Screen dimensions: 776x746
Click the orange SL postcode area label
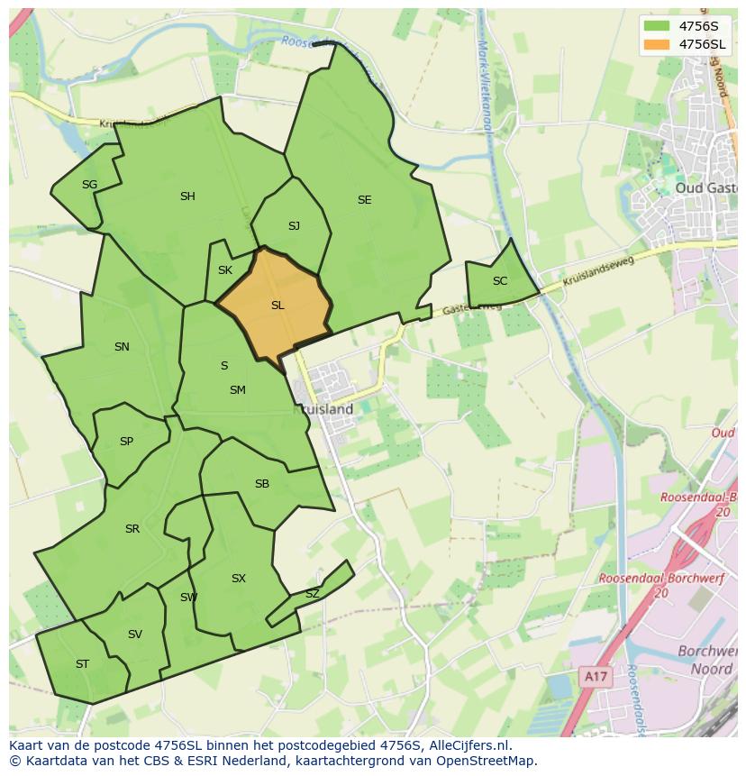[x=277, y=306]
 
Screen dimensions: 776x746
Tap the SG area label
[x=89, y=185]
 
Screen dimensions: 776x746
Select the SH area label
[x=187, y=196]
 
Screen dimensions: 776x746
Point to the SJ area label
[x=294, y=226]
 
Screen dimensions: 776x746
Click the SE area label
[x=364, y=200]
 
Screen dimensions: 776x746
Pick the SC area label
[x=500, y=281]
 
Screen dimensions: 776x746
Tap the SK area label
[x=225, y=270]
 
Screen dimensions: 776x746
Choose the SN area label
[x=122, y=347]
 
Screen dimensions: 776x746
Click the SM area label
[x=238, y=390]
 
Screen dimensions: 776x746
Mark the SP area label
[x=126, y=442]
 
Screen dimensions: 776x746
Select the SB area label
[x=262, y=484]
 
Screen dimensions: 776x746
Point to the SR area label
[x=132, y=529]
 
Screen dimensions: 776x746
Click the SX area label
[x=239, y=579]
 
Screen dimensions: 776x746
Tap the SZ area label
[x=312, y=594]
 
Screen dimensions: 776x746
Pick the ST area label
[x=82, y=664]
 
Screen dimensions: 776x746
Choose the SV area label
[x=135, y=634]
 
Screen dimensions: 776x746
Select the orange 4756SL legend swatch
[x=657, y=44]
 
